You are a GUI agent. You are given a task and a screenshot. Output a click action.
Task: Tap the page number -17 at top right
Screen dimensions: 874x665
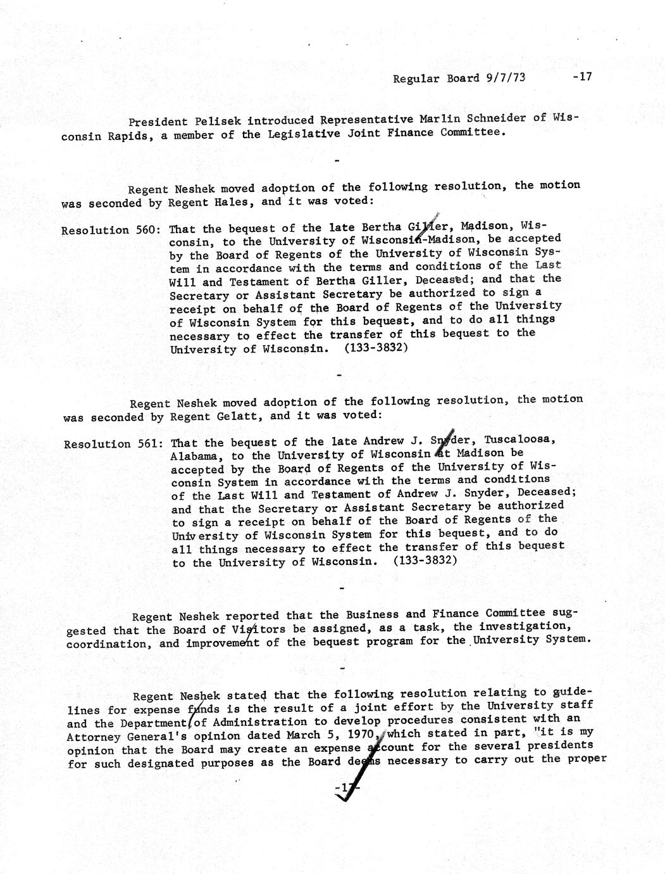(x=580, y=77)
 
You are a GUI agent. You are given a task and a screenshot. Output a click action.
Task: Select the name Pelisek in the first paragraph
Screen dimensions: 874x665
(x=217, y=121)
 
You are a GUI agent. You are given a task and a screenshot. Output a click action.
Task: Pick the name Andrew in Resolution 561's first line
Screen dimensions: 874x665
(x=385, y=441)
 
